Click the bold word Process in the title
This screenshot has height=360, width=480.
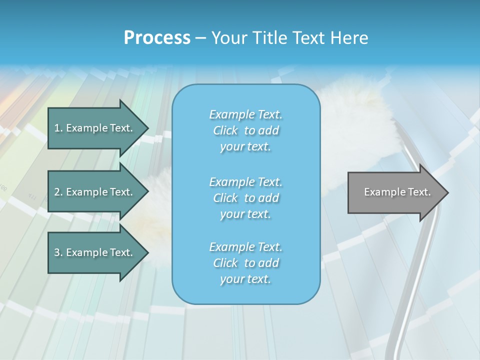pyautogui.click(x=157, y=38)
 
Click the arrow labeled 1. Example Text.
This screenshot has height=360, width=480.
pyautogui.click(x=95, y=128)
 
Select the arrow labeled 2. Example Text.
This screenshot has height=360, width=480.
pyautogui.click(x=95, y=192)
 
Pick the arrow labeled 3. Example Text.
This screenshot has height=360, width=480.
pyautogui.click(x=95, y=252)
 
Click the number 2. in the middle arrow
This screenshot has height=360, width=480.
pyautogui.click(x=58, y=192)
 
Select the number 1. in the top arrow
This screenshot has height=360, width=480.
pyautogui.click(x=58, y=128)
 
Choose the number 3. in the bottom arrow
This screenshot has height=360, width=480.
pyautogui.click(x=58, y=252)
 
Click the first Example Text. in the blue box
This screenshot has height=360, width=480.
pyautogui.click(x=246, y=114)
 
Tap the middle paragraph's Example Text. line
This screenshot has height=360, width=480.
pyautogui.click(x=246, y=181)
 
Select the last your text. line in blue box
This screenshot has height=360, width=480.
pyautogui.click(x=245, y=279)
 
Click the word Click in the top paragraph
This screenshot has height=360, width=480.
pyautogui.click(x=225, y=130)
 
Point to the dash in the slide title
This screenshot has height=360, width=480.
pyautogui.click(x=200, y=38)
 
